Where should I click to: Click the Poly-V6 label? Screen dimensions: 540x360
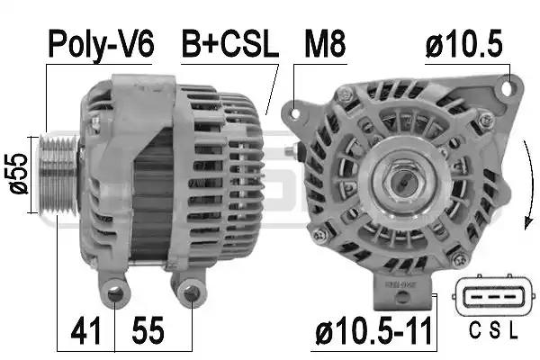(101, 45)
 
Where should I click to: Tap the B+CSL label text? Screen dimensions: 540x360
(229, 44)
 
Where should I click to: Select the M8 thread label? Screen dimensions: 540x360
(325, 44)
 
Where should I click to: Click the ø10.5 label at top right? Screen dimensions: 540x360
(464, 44)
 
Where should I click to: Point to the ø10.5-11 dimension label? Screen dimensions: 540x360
(373, 331)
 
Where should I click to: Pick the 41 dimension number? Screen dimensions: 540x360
(85, 331)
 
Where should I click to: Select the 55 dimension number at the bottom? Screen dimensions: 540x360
(148, 331)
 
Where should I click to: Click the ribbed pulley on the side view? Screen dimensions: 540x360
(58, 175)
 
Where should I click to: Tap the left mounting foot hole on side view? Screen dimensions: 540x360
(116, 294)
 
